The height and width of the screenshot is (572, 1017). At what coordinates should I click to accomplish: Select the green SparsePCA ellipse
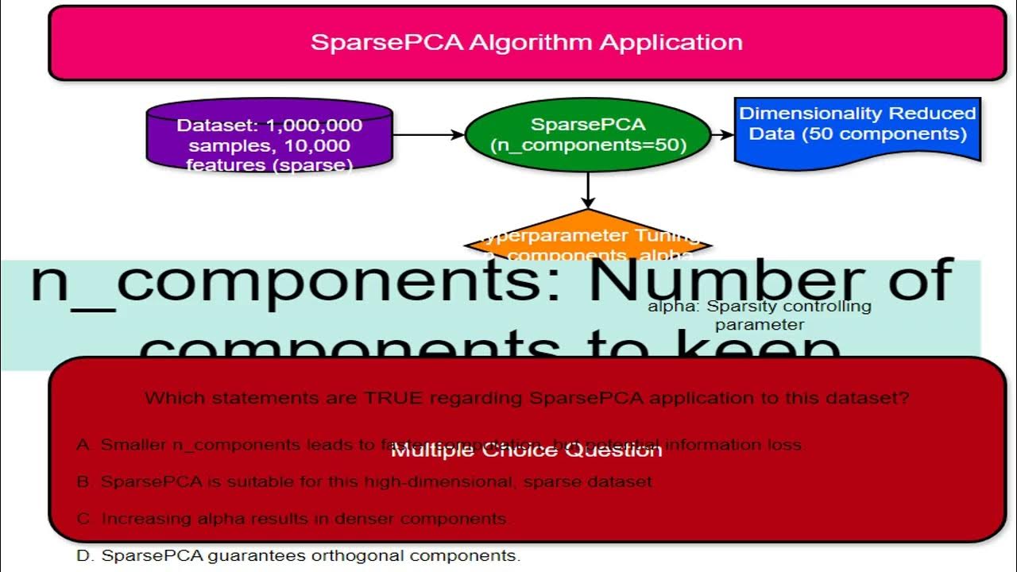(587, 135)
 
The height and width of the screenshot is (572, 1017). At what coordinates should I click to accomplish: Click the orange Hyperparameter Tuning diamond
(587, 237)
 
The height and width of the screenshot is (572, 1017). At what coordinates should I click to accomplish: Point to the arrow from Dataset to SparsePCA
(428, 135)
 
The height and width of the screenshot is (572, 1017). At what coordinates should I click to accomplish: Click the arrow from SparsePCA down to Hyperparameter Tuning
(587, 191)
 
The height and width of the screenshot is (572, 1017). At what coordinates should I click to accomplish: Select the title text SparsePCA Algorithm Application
(527, 42)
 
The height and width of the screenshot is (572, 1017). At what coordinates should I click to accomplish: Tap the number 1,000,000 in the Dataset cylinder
(315, 126)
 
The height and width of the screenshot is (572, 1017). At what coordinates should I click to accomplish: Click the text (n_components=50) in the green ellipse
(588, 145)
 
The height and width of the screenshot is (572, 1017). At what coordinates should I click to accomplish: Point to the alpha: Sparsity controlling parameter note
(759, 315)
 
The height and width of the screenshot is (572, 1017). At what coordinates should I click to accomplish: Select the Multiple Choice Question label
(526, 450)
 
